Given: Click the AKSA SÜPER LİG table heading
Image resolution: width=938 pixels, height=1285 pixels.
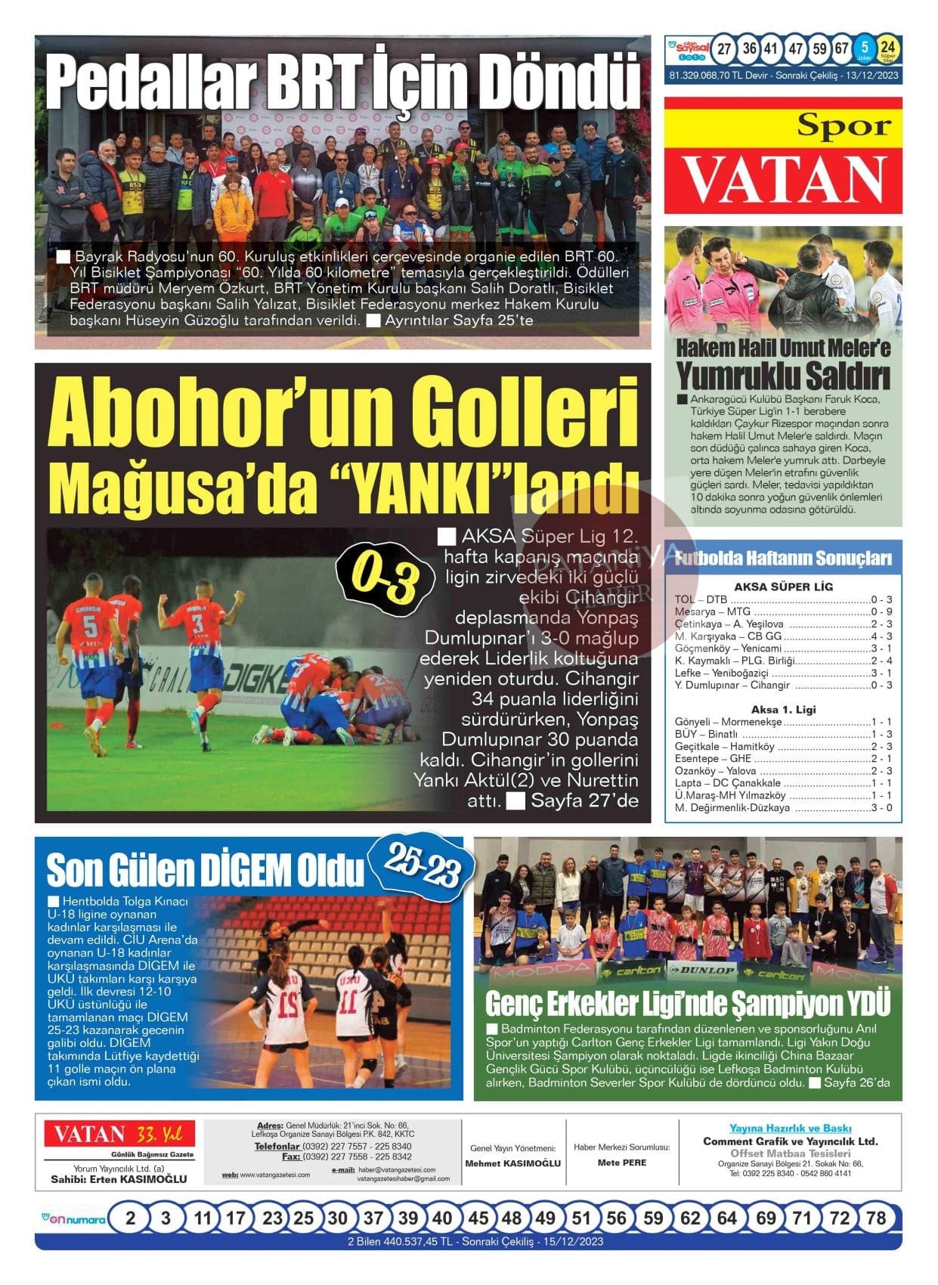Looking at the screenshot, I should tap(783, 587).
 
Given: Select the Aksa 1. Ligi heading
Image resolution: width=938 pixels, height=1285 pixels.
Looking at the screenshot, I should tap(783, 710).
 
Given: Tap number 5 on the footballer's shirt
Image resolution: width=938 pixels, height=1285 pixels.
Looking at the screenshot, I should tap(89, 627).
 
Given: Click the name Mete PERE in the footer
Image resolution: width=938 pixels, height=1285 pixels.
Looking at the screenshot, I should tap(621, 1163).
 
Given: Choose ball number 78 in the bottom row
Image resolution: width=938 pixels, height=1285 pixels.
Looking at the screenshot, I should tap(875, 1218).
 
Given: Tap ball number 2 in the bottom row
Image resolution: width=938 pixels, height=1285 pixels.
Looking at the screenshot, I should tap(131, 1218).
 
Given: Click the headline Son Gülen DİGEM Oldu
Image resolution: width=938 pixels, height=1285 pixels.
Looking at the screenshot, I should tap(205, 870).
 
